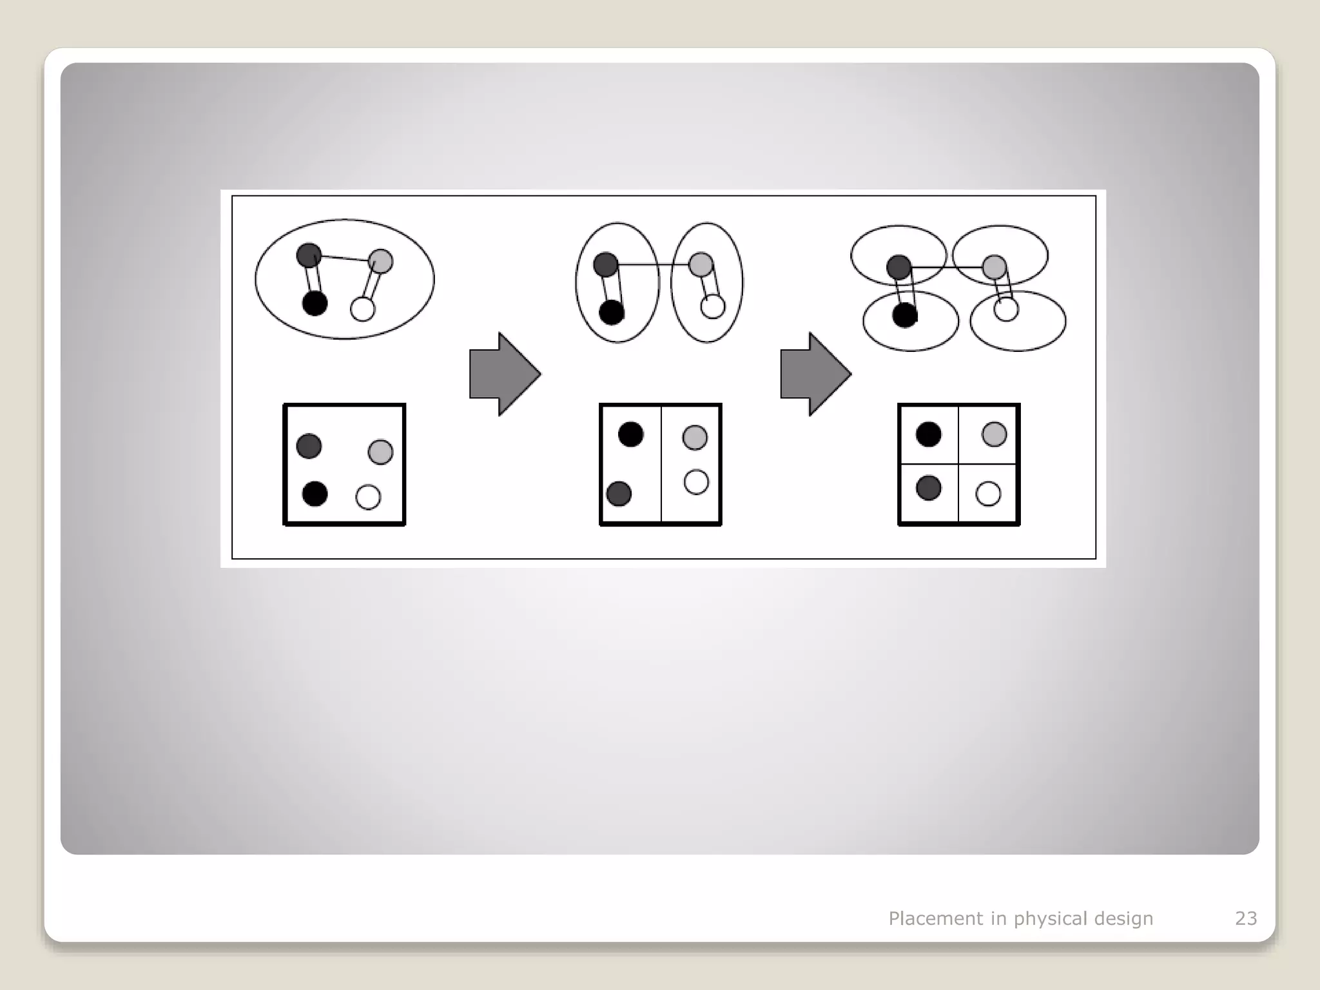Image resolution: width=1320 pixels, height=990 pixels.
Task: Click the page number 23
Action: [x=1245, y=918]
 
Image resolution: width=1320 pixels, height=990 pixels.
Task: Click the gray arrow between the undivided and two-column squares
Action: [x=505, y=374]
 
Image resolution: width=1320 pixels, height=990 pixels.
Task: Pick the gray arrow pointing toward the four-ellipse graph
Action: [x=815, y=374]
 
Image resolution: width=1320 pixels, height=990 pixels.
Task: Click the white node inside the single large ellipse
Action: [x=362, y=309]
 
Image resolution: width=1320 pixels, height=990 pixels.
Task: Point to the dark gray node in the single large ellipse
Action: [x=309, y=255]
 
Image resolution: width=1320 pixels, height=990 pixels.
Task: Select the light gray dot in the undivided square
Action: [x=380, y=452]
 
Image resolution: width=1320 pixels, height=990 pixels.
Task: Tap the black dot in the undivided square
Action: [x=315, y=494]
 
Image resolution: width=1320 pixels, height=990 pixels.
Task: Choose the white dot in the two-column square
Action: [x=696, y=482]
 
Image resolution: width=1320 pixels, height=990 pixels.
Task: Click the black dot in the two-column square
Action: [x=630, y=434]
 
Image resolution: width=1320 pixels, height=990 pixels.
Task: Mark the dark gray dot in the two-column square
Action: [x=619, y=494]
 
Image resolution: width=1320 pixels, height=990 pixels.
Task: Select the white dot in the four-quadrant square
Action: [x=988, y=494]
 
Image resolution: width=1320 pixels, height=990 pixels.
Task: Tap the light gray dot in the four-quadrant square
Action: [x=994, y=434]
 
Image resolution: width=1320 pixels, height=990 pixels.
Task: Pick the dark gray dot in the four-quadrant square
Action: [x=928, y=488]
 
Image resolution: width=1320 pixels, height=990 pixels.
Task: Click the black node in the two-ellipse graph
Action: [x=612, y=313]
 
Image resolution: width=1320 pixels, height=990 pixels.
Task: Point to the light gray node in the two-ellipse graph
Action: [x=701, y=264]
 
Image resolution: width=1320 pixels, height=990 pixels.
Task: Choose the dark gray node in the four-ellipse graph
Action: [x=898, y=267]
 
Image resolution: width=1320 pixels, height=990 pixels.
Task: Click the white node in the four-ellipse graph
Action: [x=1006, y=309]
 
